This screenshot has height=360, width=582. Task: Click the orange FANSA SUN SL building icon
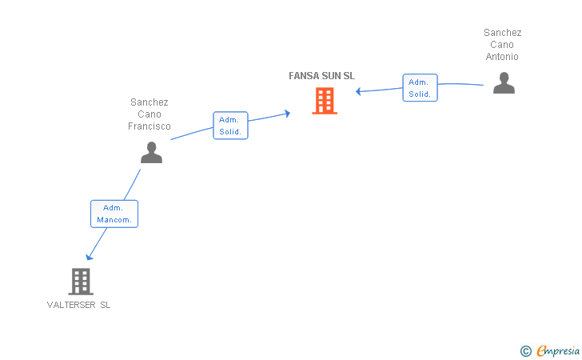coord(324,101)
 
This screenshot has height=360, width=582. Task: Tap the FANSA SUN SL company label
coord(321,76)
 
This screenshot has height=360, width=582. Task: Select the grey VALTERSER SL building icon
coord(81,281)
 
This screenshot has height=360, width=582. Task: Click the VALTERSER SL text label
coord(79,305)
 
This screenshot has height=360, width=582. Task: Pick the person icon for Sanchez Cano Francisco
coord(151,152)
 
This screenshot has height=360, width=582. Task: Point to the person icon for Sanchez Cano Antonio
coord(504,83)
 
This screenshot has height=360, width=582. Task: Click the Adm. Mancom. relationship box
coord(114,214)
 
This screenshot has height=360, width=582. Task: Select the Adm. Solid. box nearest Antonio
coord(420,88)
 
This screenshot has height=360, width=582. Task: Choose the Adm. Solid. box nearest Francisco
coord(230,126)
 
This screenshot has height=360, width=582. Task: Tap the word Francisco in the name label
coord(149,126)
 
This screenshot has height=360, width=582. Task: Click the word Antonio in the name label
coord(502,57)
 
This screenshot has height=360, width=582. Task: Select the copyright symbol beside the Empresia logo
coord(525,350)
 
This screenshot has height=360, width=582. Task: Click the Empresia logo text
coord(557,350)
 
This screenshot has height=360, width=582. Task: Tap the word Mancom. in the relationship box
coord(114,220)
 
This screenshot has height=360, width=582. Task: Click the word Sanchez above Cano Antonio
coord(502,33)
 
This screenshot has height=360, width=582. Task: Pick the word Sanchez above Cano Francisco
coord(149,102)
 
